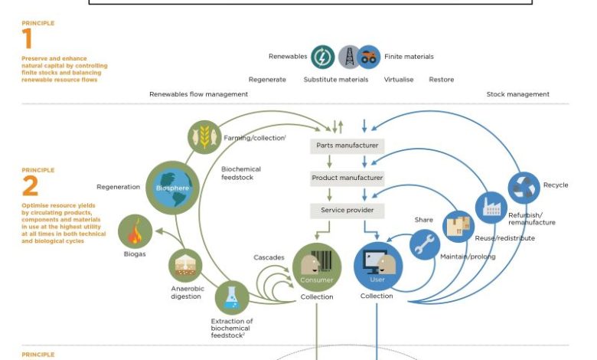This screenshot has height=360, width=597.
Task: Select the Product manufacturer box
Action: point(347,178)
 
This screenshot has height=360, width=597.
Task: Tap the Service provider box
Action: point(347,210)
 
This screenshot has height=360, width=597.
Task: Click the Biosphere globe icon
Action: point(172,188)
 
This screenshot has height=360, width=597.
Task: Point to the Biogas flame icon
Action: point(135,231)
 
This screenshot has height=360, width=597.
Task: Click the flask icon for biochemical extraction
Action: point(232,299)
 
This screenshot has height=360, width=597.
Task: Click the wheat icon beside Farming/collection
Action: point(204,138)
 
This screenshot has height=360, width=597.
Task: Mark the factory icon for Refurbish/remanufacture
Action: point(491,207)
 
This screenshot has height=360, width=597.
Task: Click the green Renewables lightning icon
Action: point(323,56)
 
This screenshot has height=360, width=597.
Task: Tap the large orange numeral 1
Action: point(28,39)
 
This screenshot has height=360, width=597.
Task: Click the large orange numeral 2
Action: point(30,186)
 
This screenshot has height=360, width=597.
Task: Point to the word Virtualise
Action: point(399,80)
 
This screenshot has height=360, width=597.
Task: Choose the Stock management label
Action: point(517,94)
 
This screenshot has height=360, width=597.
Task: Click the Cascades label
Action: point(269,257)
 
